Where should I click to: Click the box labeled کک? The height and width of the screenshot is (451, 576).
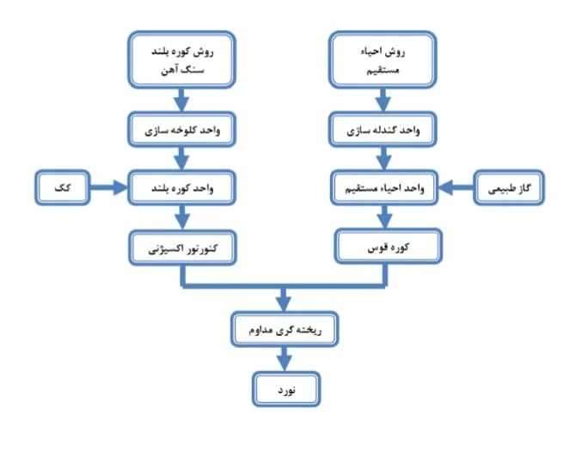click(63, 187)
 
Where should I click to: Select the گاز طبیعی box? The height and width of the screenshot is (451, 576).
click(509, 187)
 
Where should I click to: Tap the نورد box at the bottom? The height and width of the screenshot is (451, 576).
click(286, 389)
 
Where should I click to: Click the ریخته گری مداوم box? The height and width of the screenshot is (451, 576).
click(285, 329)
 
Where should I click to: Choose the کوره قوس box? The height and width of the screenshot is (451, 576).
click(389, 247)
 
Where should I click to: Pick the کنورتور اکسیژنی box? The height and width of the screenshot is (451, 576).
click(182, 247)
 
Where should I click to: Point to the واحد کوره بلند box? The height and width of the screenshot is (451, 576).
click(182, 187)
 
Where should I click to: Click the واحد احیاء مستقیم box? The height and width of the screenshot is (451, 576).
click(384, 187)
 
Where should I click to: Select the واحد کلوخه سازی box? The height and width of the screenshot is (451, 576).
click(182, 130)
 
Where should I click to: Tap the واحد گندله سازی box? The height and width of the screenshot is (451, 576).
click(383, 130)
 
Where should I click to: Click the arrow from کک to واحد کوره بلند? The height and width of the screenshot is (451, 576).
click(108, 187)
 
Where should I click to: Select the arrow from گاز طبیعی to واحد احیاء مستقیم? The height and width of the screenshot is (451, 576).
click(456, 187)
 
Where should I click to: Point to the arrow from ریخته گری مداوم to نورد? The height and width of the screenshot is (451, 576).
click(284, 359)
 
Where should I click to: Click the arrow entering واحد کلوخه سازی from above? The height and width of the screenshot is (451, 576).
click(181, 100)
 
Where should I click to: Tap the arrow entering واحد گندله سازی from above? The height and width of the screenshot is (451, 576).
click(383, 100)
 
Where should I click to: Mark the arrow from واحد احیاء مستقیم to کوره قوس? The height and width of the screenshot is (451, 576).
click(384, 216)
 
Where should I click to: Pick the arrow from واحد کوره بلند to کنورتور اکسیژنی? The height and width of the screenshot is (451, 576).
click(182, 217)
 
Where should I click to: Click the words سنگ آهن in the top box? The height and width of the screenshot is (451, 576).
click(182, 70)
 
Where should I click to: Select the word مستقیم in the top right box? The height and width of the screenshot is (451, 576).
click(383, 70)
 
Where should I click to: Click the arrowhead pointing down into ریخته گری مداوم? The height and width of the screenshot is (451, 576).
click(284, 304)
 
